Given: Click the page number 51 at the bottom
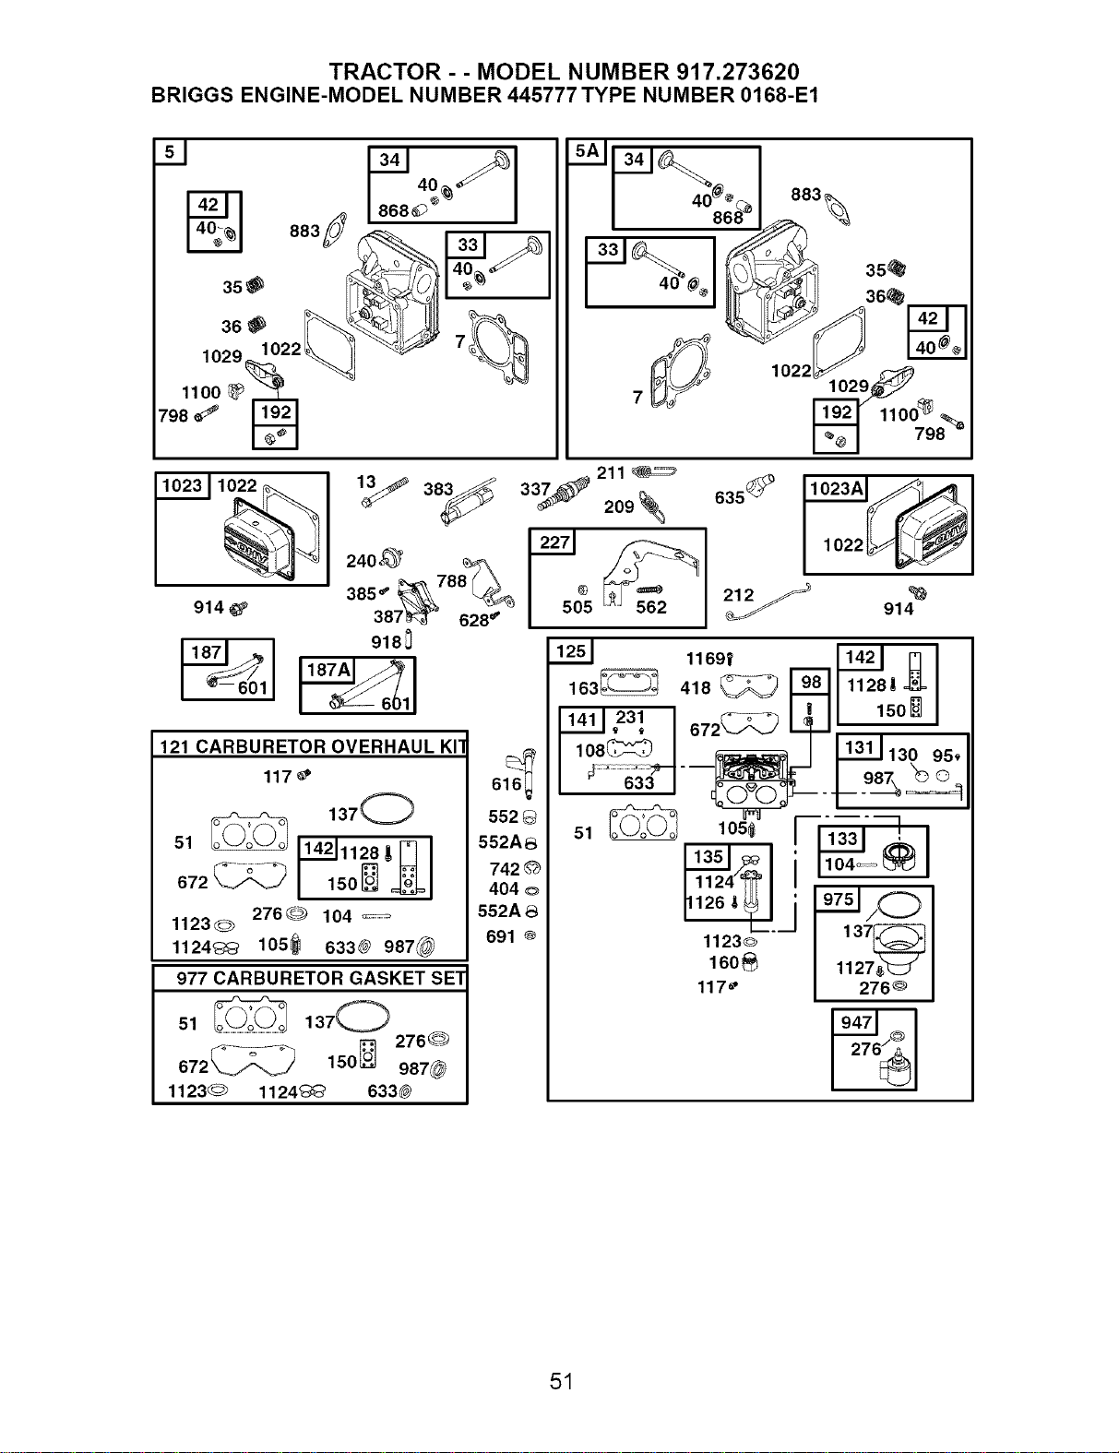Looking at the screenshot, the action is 562,1381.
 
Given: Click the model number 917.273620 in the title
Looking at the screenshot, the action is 738,72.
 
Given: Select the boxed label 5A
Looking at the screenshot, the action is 586,151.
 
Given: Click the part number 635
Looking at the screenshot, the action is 730,498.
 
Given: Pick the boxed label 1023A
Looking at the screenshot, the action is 836,489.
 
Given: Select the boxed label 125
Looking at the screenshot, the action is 570,651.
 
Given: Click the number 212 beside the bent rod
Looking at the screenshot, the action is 738,595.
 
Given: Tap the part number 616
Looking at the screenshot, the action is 506,784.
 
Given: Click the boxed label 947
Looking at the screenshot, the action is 855,1022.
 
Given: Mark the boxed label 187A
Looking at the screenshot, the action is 328,670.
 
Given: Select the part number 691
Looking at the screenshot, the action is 501,936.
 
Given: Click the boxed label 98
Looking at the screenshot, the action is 810,682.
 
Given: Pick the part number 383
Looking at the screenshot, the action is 438,490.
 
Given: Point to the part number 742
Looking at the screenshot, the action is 504,869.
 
